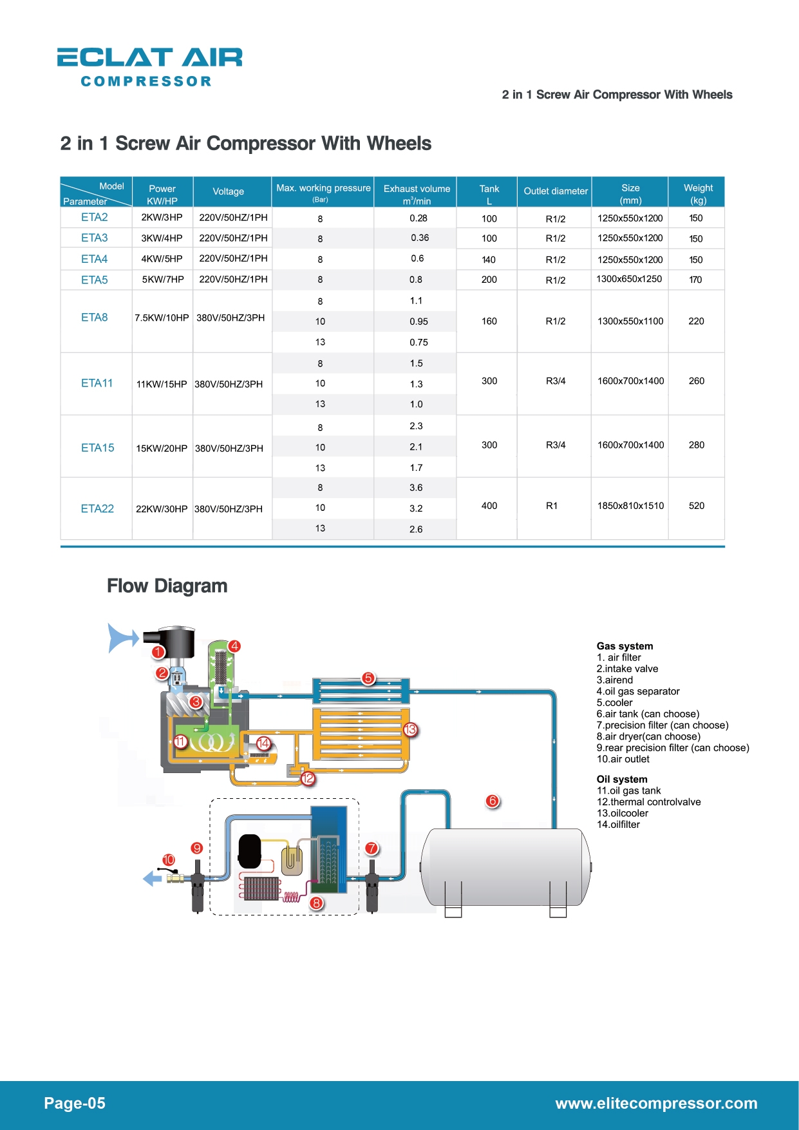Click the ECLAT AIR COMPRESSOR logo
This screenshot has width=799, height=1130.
[x=150, y=67]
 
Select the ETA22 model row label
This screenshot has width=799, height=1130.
[x=97, y=509]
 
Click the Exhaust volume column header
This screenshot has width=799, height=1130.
[x=417, y=194]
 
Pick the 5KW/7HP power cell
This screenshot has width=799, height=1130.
[x=163, y=280]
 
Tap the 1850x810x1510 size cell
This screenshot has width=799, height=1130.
[x=630, y=506]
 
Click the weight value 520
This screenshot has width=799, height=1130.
[x=697, y=506]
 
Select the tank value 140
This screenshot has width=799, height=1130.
[x=489, y=260]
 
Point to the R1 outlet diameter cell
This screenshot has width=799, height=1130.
[x=552, y=506]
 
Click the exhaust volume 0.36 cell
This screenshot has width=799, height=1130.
[x=420, y=238]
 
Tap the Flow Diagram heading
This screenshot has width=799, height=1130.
[x=167, y=586]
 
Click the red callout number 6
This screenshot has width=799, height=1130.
[x=493, y=801]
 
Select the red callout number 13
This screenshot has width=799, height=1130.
[x=410, y=730]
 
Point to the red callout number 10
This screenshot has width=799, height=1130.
[x=169, y=860]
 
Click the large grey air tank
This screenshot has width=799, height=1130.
[x=505, y=867]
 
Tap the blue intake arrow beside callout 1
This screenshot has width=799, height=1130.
[x=122, y=638]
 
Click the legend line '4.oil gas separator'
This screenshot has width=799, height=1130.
[x=638, y=691]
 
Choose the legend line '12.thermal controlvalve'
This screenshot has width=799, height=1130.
[x=648, y=802]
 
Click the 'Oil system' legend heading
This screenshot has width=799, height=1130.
[x=622, y=779]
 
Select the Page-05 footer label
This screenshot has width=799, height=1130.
[x=75, y=1104]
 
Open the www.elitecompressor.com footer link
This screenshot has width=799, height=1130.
[x=657, y=1104]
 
